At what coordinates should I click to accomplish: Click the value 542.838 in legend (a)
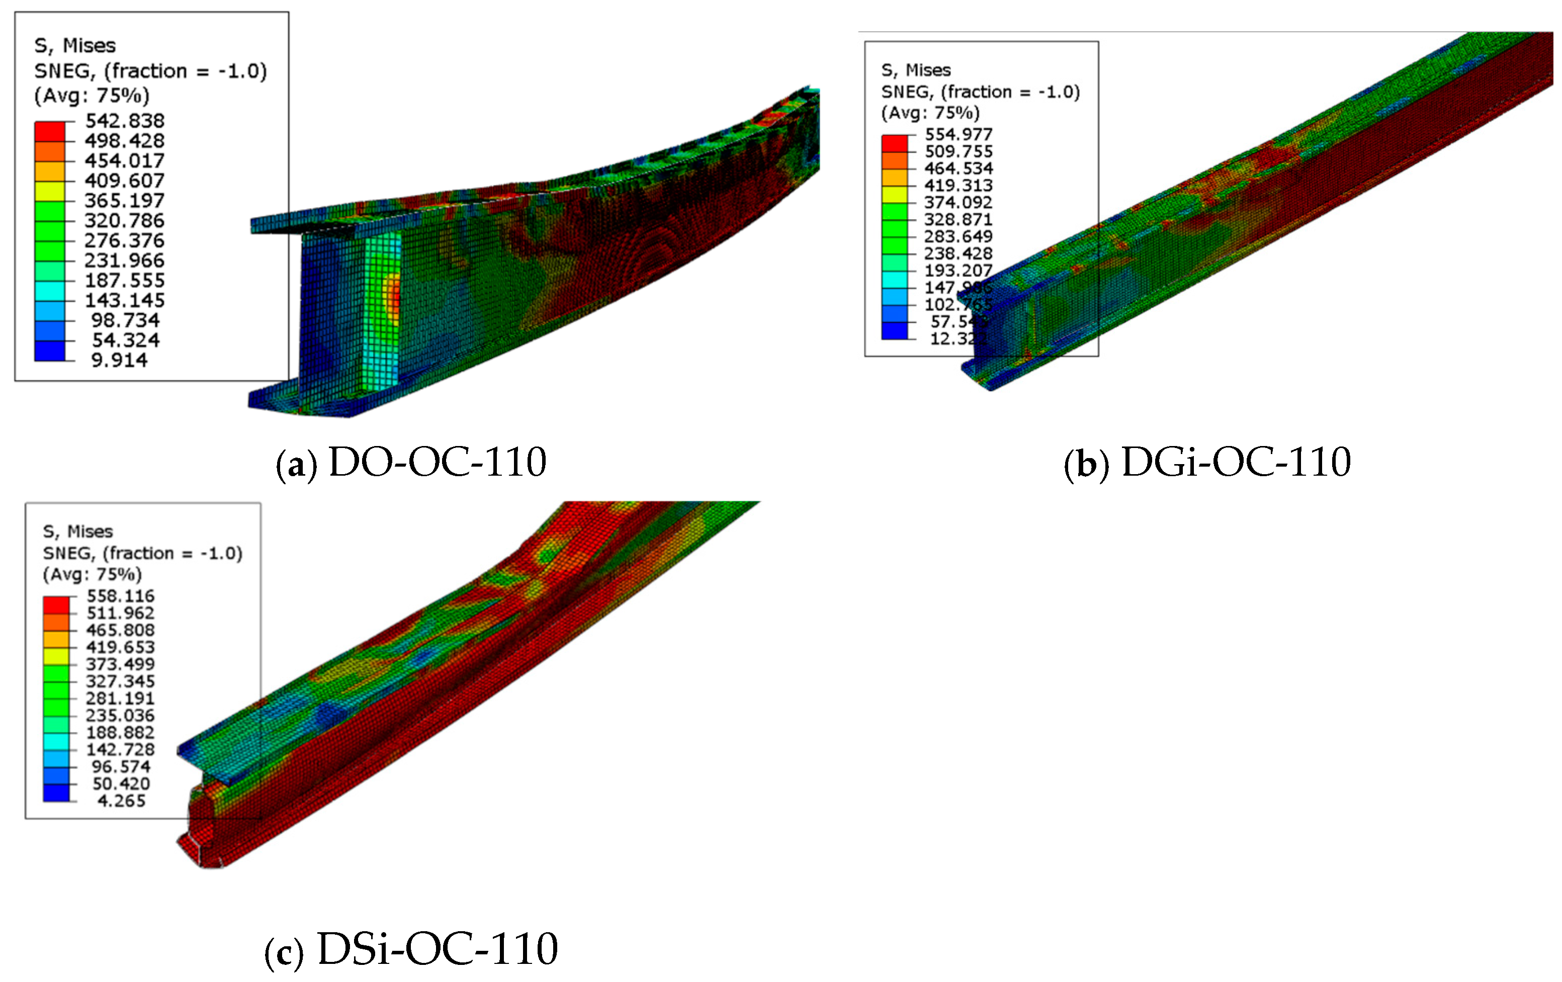tap(125, 121)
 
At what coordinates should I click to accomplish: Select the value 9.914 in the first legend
tap(119, 360)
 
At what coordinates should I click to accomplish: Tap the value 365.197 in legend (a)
tap(125, 201)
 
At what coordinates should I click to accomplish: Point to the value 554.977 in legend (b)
tap(958, 134)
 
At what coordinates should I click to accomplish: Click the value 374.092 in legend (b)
tap(958, 202)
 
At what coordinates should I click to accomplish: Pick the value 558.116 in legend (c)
tap(121, 595)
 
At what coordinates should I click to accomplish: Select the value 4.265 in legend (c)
tap(121, 800)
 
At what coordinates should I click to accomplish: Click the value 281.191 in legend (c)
tap(121, 698)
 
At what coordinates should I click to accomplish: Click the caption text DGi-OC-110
tap(1236, 463)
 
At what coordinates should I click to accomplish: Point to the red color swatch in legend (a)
tap(50, 131)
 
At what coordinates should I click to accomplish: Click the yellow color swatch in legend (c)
tap(56, 655)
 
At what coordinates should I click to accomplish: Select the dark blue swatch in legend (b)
tap(894, 330)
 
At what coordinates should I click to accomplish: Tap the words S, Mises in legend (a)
tap(74, 45)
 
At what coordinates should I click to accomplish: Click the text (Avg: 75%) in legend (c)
tap(92, 574)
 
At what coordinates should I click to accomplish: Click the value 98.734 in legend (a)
tap(125, 320)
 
